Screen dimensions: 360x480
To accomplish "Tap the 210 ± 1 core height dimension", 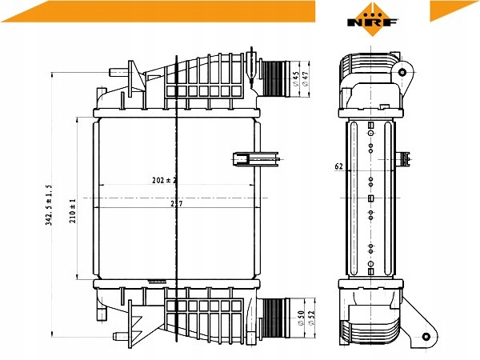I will pyautogui.click(x=73, y=210).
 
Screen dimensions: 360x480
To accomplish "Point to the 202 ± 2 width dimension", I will pyautogui.click(x=163, y=181).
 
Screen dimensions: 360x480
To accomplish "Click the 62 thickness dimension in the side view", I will pyautogui.click(x=338, y=167).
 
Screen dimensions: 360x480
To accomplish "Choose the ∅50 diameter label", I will pyautogui.click(x=301, y=320).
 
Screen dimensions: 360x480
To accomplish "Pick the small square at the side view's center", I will pyautogui.click(x=370, y=198).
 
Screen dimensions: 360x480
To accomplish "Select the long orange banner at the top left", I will pyautogui.click(x=159, y=10).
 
